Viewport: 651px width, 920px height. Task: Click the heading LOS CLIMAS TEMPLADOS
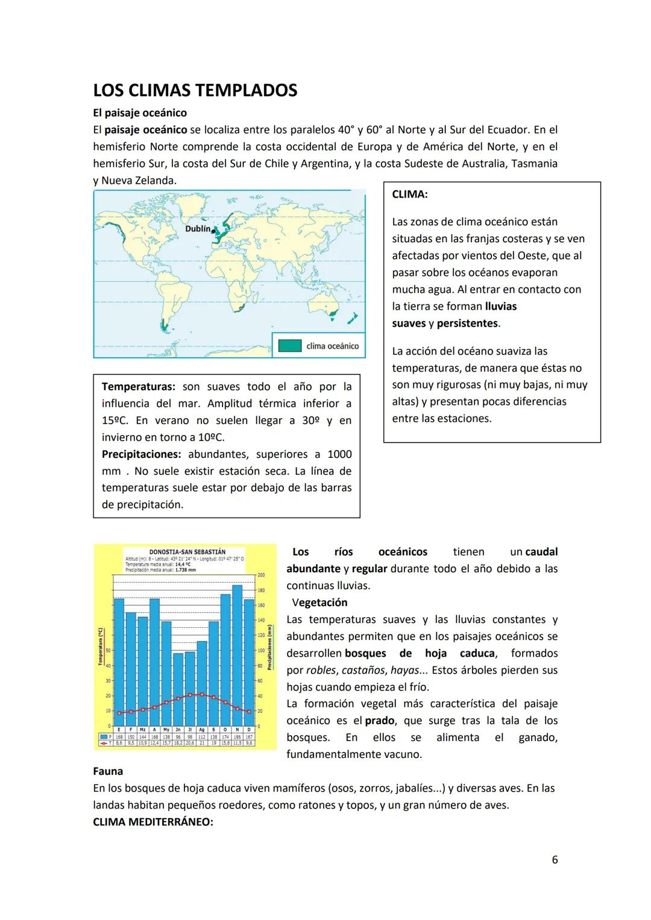point(195,90)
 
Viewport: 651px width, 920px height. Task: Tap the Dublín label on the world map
point(198,229)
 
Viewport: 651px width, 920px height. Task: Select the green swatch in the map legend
point(290,346)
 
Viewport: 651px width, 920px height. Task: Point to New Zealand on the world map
point(353,317)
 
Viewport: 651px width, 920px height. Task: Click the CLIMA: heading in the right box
point(409,195)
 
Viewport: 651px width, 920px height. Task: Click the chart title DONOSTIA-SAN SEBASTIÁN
point(187,552)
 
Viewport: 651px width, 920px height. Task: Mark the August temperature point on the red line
point(201,695)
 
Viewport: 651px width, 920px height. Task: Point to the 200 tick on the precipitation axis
point(261,575)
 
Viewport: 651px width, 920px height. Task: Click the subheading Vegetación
point(319,602)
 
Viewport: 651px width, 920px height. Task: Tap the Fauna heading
point(108,771)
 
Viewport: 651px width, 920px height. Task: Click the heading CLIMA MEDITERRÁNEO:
point(153,822)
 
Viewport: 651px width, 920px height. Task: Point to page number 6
point(555,860)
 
